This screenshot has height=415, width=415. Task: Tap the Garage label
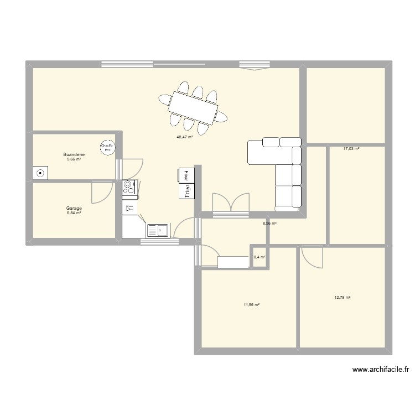(x=74, y=209)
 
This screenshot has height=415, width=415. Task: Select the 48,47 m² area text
(x=184, y=137)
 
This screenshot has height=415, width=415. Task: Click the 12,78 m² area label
(x=343, y=297)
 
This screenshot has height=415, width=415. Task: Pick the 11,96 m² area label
(x=251, y=304)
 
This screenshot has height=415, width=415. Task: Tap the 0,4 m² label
(x=259, y=257)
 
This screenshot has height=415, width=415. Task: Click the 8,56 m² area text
(x=269, y=224)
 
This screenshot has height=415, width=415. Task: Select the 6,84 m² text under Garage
(x=74, y=214)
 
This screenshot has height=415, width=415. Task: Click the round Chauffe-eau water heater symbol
(x=106, y=147)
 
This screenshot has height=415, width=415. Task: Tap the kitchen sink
(x=158, y=230)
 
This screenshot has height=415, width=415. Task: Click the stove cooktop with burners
(x=129, y=188)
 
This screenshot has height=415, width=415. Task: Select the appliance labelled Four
(x=186, y=174)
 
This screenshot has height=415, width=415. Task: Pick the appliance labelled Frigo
(x=187, y=191)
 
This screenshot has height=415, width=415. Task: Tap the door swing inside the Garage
(x=100, y=191)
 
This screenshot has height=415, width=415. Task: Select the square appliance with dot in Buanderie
(x=40, y=173)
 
